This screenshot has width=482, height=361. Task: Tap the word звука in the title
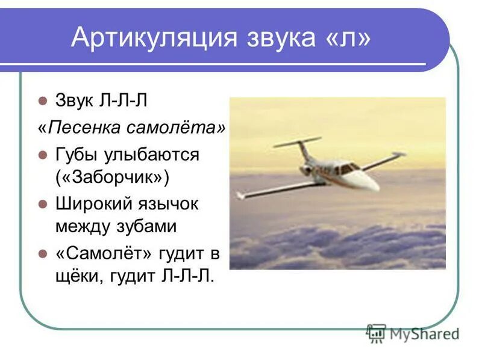click(281, 38)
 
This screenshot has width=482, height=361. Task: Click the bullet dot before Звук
click(42, 100)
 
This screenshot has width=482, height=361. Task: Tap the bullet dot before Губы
click(42, 155)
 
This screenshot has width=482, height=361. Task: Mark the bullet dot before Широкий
click(42, 204)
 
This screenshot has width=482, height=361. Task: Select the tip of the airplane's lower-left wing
click(240, 196)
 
